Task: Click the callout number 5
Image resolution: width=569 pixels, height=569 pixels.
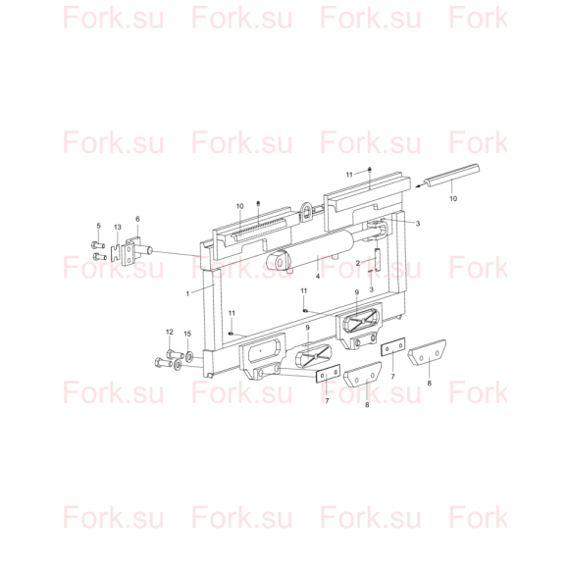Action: (98, 226)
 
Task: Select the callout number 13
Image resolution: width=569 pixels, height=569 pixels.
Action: (118, 228)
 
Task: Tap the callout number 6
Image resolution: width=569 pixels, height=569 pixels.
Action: (137, 219)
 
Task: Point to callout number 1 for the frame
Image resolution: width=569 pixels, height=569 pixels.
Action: (187, 293)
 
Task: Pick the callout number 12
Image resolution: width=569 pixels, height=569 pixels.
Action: (170, 332)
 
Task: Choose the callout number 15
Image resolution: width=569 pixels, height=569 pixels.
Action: (187, 334)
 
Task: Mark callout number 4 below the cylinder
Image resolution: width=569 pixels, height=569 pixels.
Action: (318, 276)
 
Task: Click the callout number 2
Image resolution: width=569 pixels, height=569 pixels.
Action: (358, 263)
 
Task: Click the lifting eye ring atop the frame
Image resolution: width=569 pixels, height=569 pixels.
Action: (306, 211)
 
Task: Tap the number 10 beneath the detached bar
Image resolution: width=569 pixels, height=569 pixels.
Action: (453, 198)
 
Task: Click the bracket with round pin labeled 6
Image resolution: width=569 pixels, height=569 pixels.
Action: (137, 252)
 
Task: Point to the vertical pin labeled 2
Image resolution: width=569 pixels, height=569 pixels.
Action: (378, 259)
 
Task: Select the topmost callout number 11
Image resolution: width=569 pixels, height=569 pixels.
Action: (349, 175)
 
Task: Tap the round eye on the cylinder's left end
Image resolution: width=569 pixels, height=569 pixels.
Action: (280, 262)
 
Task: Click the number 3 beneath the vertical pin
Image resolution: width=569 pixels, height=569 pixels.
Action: (371, 289)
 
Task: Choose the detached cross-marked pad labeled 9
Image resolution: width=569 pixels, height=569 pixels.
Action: (314, 356)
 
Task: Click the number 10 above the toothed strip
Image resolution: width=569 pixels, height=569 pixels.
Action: (240, 206)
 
